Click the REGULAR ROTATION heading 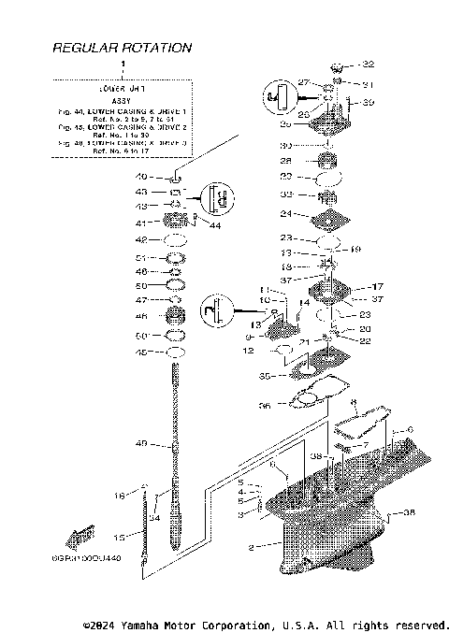(122, 47)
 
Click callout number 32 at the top (368, 65)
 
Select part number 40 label (142, 177)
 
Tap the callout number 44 (216, 225)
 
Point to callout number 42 (142, 240)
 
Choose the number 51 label (142, 257)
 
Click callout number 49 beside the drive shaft (141, 443)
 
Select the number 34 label (155, 518)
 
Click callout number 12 (248, 351)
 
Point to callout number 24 (288, 213)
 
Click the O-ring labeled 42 (173, 240)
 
